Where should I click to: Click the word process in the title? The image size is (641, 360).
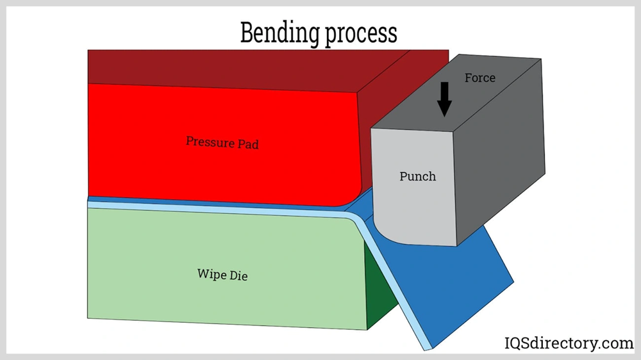coord(361,33)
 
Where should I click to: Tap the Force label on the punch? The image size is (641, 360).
coord(480,78)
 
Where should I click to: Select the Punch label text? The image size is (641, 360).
coord(418,176)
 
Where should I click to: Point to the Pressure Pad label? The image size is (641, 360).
coord(222,142)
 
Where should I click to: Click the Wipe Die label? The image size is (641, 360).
coord(222,275)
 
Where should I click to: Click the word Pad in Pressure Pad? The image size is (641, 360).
coord(247,144)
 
